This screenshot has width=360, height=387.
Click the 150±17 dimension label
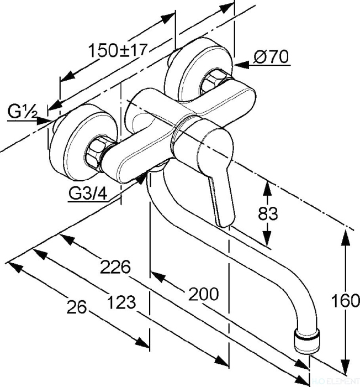point(118,51)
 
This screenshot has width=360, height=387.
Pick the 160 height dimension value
point(346,301)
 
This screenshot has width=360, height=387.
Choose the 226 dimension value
point(115,267)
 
